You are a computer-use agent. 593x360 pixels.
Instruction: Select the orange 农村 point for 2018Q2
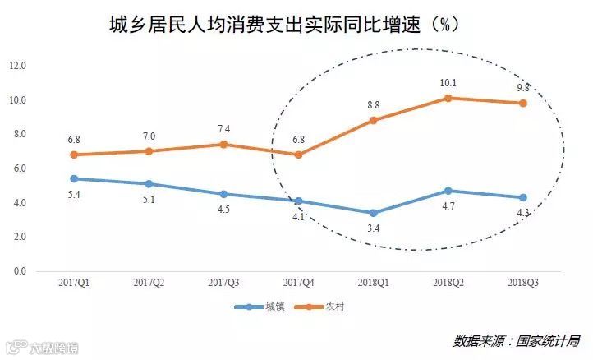(x=448, y=98)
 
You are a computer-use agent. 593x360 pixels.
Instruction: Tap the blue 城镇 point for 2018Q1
(x=373, y=213)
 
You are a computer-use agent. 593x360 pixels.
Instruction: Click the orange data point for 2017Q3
(x=223, y=145)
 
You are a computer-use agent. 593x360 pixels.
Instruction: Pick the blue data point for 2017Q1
(x=74, y=178)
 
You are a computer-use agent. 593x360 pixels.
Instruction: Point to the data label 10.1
(x=448, y=82)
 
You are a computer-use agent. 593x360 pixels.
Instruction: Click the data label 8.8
(x=373, y=104)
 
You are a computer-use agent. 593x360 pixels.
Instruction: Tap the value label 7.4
(x=223, y=129)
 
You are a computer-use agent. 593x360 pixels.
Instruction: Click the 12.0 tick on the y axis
(x=17, y=66)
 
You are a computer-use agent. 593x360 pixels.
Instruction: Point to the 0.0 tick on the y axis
(x=17, y=271)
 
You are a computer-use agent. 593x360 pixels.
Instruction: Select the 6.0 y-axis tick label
(x=17, y=168)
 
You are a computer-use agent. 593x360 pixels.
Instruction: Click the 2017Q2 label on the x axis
(x=149, y=284)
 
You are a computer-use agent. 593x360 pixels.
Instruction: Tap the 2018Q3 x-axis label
(x=522, y=284)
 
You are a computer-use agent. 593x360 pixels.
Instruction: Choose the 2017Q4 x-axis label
(x=298, y=284)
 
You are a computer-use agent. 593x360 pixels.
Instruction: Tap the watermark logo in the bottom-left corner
(x=12, y=348)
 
